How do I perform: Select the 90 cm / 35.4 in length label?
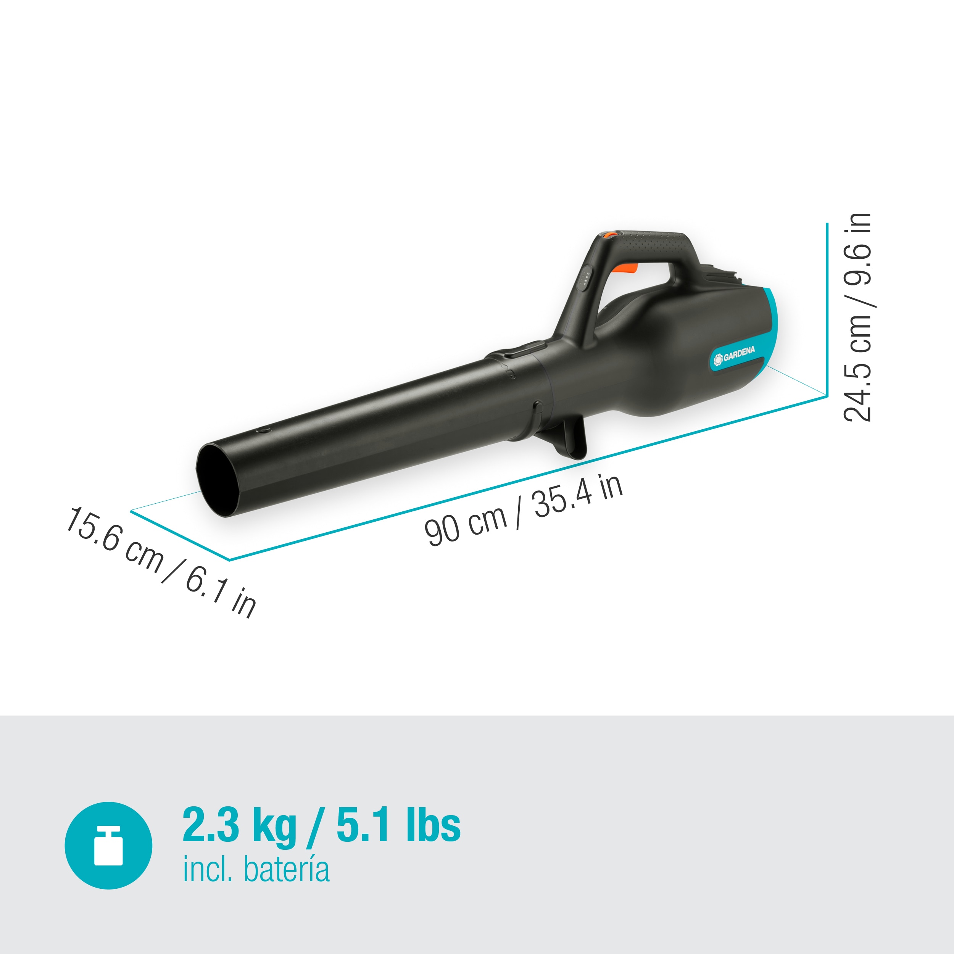(524, 511)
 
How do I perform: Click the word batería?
(287, 870)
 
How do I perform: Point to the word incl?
(207, 870)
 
